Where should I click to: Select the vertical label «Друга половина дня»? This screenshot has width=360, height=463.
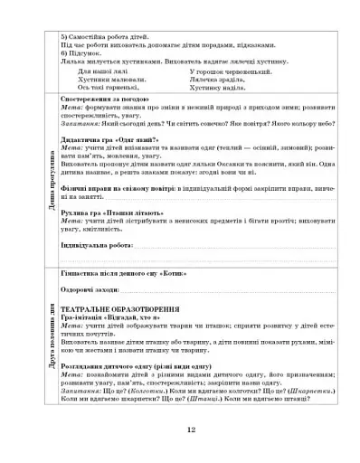click(34, 335)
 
